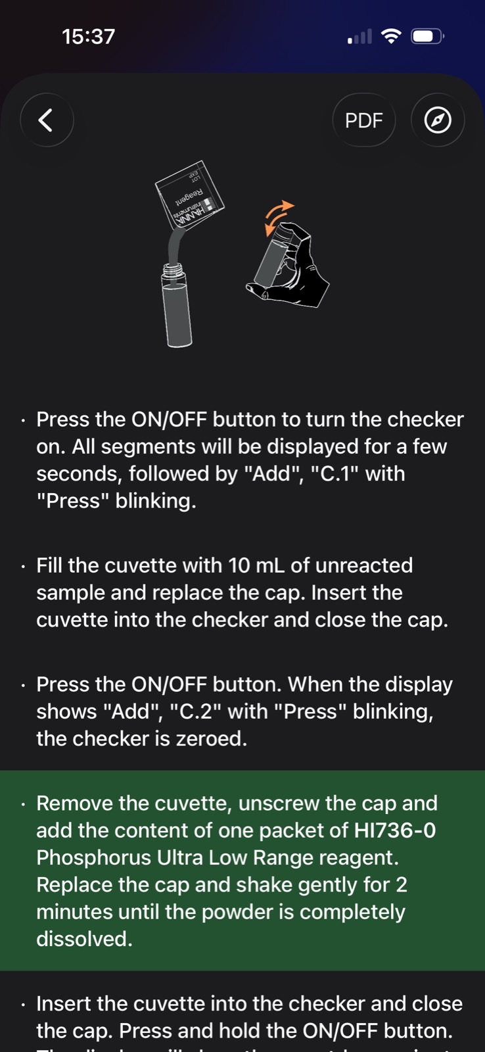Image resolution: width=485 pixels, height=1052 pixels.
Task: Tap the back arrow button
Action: click(47, 120)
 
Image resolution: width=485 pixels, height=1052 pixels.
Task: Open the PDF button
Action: click(364, 120)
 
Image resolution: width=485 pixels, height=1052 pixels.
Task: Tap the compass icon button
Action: click(438, 120)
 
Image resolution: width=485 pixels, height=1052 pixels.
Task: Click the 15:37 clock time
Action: click(88, 37)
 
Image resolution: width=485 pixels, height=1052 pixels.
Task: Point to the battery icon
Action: click(427, 36)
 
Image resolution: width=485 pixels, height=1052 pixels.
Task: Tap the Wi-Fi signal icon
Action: click(390, 36)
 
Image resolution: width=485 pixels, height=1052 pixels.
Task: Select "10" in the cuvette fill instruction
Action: click(239, 565)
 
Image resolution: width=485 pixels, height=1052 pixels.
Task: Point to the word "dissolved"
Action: click(85, 939)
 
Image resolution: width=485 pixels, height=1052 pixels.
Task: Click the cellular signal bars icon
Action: click(359, 36)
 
